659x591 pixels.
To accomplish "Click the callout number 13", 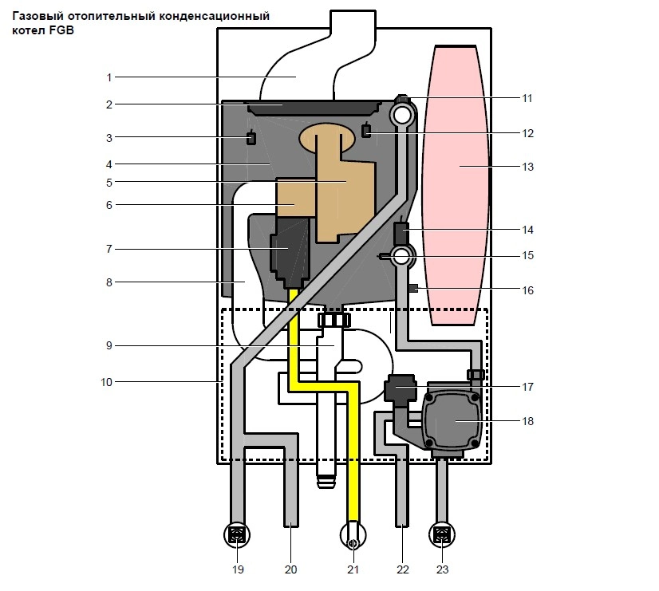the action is pyautogui.click(x=527, y=167).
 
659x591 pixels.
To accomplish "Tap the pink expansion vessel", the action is pyautogui.click(x=456, y=185).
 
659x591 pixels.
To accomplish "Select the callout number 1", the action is pyautogui.click(x=109, y=77).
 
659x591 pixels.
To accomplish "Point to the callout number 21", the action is pyautogui.click(x=353, y=569).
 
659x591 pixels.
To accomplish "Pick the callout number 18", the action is pyautogui.click(x=527, y=421).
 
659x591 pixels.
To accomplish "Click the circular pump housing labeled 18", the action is pyautogui.click(x=452, y=420).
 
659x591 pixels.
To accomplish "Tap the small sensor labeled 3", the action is pyautogui.click(x=251, y=137).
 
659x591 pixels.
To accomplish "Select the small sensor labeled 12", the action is pyautogui.click(x=366, y=130).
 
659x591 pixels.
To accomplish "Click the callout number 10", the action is pyautogui.click(x=106, y=382).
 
